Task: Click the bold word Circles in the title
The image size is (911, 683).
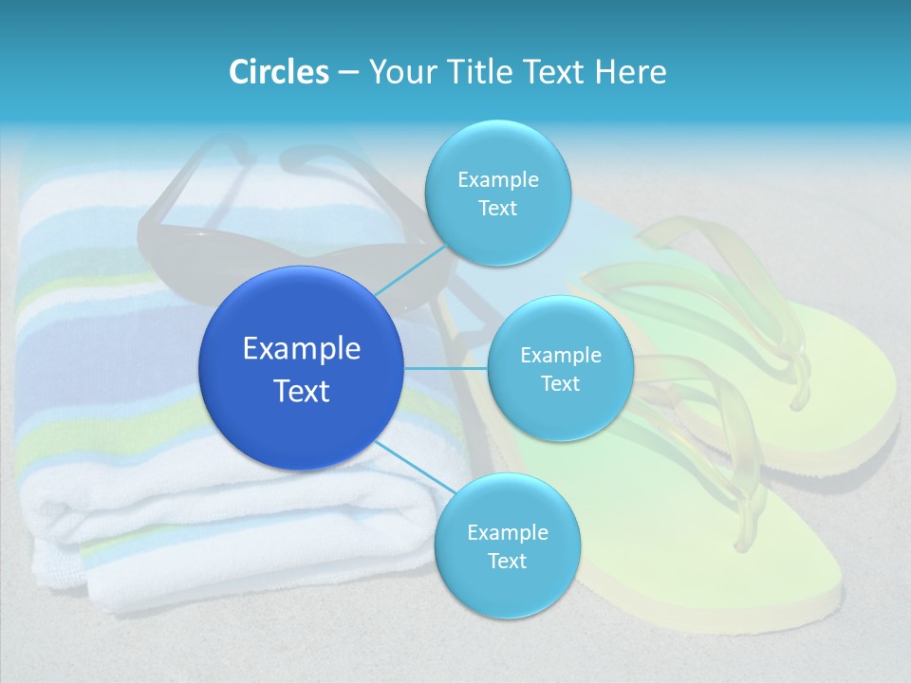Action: [279, 72]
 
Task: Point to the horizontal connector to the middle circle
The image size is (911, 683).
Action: [446, 368]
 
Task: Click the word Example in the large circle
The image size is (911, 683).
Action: [301, 349]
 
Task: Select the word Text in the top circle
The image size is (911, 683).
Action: [497, 209]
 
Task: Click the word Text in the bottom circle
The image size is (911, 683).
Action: [507, 562]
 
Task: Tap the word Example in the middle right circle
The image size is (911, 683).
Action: [560, 356]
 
